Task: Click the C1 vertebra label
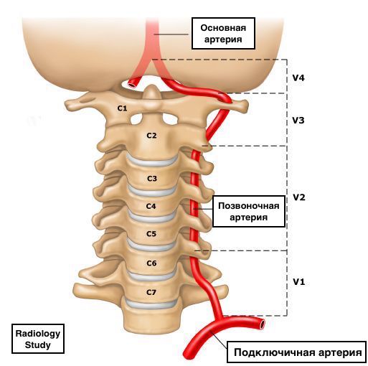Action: (122, 108)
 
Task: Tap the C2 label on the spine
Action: (151, 136)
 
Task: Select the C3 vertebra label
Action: (152, 179)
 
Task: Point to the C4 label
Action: (151, 206)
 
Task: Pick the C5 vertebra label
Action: (151, 234)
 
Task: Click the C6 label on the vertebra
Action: (151, 263)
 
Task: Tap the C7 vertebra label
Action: (151, 292)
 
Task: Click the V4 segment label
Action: (298, 78)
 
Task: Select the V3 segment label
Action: (298, 121)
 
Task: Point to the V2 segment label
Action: (299, 197)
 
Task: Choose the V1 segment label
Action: (299, 282)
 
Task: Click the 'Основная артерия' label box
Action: (223, 33)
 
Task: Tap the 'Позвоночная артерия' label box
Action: (249, 212)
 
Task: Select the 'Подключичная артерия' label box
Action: (297, 352)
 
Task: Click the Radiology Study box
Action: (38, 339)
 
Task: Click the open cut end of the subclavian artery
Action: (263, 324)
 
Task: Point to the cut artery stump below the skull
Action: (132, 83)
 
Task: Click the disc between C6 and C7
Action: (151, 276)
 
